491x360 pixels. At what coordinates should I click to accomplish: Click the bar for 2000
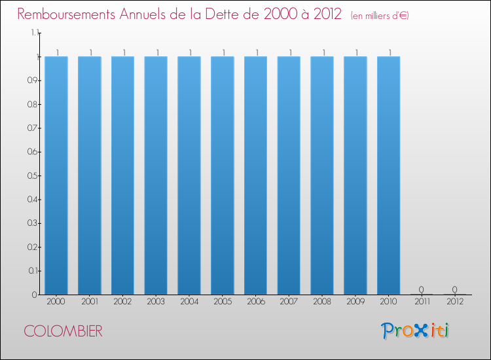(x=56, y=175)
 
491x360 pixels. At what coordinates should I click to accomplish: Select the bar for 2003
(x=156, y=175)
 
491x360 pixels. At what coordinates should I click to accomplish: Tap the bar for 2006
(x=255, y=175)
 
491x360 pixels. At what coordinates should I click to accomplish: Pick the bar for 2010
(x=388, y=175)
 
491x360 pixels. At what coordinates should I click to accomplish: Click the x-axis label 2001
(x=90, y=302)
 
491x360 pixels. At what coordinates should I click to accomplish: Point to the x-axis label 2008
(x=322, y=302)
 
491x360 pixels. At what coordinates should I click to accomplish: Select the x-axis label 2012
(x=454, y=302)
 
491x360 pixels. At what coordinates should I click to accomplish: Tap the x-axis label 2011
(x=422, y=302)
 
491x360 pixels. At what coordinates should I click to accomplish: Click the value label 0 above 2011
(x=422, y=289)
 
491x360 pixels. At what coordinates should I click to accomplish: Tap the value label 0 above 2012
(x=454, y=289)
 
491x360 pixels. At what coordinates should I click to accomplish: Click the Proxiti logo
(x=415, y=331)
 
